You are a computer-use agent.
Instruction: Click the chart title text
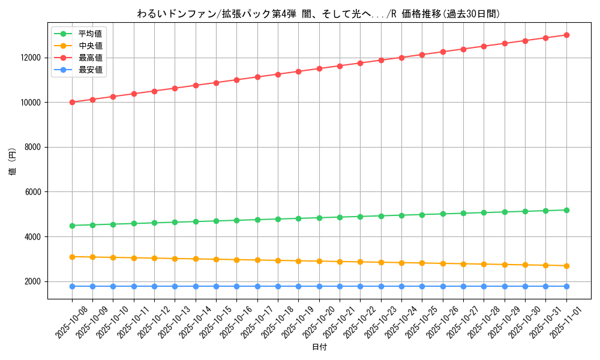318,14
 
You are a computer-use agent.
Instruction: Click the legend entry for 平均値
90,34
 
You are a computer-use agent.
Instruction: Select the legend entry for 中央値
90,46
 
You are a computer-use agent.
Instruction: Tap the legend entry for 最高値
90,58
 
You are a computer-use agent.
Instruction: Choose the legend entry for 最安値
90,70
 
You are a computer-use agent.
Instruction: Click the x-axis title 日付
319,347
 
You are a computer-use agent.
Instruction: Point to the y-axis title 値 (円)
13,161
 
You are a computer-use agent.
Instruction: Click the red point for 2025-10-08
72,102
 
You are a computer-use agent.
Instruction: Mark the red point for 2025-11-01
566,35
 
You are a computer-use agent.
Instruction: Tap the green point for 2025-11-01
566,210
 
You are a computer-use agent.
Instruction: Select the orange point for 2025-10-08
72,257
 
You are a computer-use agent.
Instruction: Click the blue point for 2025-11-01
566,286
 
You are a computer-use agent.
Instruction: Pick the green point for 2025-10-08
72,226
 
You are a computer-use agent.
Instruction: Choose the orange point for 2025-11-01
566,266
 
